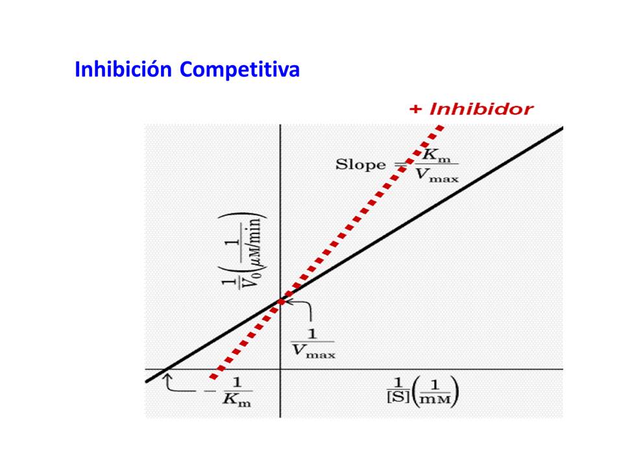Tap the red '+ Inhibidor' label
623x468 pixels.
coord(471,109)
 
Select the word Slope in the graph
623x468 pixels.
coord(360,164)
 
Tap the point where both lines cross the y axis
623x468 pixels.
coord(280,300)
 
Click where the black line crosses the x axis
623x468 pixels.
coord(165,370)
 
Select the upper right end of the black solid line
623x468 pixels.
coord(561,128)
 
